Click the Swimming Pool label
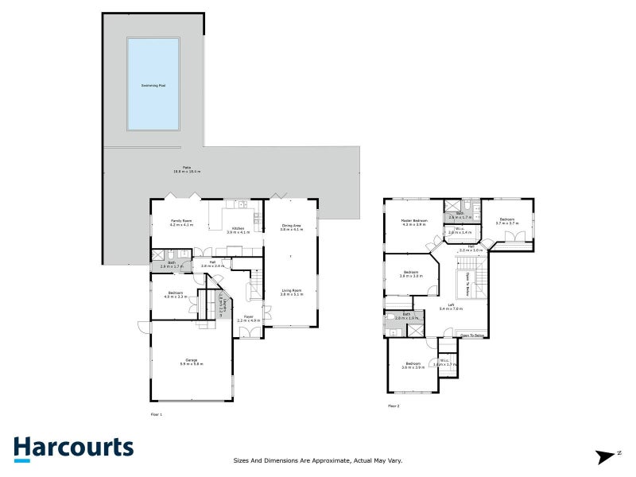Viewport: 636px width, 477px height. point(153,84)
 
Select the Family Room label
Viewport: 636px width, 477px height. point(182,223)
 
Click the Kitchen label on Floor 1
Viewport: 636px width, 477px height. point(238,230)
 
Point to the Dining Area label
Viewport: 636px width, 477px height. point(291,227)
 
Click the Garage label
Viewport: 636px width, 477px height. point(192,362)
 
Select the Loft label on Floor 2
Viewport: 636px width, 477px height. point(451,308)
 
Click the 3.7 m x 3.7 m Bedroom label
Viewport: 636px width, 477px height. point(507,221)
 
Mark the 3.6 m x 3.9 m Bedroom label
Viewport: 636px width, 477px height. point(412,366)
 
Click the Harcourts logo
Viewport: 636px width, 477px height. point(73,448)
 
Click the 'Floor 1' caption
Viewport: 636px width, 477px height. point(156,414)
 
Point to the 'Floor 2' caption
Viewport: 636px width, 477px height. point(394,406)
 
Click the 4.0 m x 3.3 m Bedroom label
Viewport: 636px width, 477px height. point(174,295)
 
